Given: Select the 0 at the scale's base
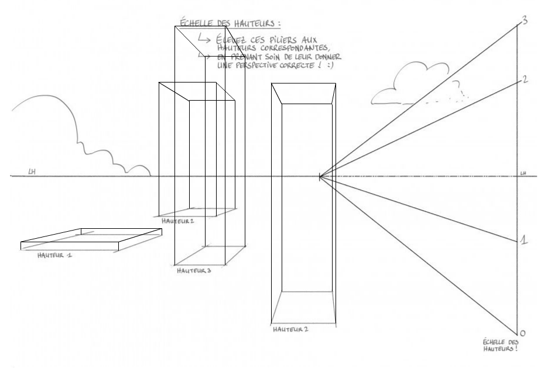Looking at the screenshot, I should (x=523, y=332).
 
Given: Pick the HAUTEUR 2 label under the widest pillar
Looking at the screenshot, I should (x=291, y=329).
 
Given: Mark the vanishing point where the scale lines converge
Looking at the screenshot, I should (x=320, y=176).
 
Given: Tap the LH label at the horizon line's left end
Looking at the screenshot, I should (x=32, y=172).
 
